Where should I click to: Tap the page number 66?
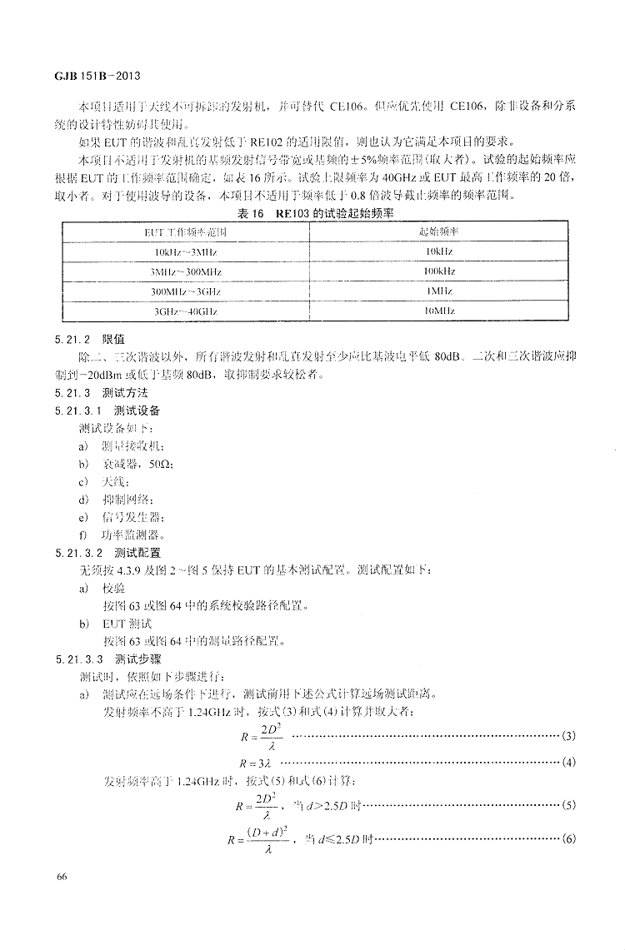[62, 876]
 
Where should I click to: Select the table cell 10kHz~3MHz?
[186, 251]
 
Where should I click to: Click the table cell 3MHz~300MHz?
[186, 271]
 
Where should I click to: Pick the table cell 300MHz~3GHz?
[186, 291]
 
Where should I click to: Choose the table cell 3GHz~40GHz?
[186, 311]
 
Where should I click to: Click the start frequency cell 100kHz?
[437, 271]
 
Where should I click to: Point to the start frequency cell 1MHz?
[437, 291]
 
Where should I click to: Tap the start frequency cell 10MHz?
[437, 311]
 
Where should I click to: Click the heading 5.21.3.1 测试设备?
[107, 410]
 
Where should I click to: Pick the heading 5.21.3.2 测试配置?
[107, 552]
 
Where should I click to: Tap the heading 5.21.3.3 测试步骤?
[107, 658]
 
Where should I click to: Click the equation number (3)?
[569, 736]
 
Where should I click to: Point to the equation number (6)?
[569, 838]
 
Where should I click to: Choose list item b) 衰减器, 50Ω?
[126, 464]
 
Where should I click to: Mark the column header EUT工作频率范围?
[186, 231]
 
